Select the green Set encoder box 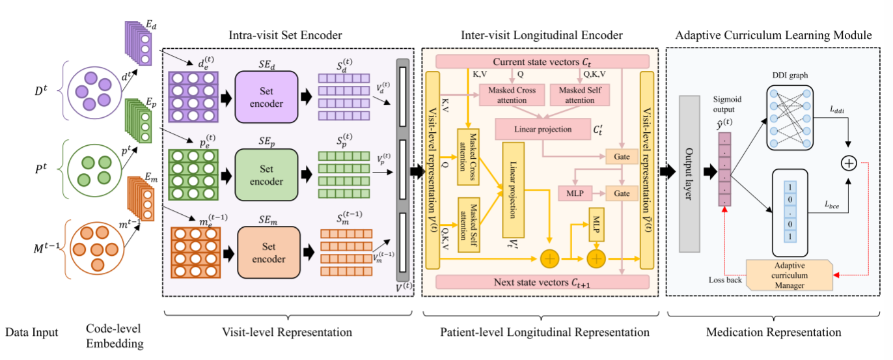coord(266,174)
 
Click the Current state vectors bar coord(542,61)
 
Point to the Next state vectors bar coord(542,281)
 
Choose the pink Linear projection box coord(542,129)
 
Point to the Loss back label coord(725,280)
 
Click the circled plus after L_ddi coord(849,163)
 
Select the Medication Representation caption coord(773,333)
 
